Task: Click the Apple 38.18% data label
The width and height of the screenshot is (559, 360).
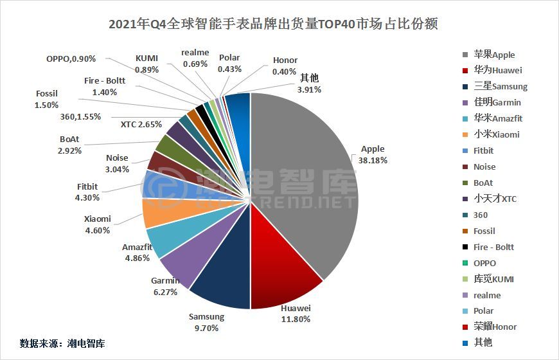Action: click(373, 155)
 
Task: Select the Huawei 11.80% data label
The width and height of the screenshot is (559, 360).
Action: click(296, 313)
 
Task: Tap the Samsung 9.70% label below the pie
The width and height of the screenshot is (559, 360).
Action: click(206, 322)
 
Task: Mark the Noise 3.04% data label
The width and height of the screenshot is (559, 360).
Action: click(117, 164)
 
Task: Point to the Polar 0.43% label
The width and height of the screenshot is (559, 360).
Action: click(229, 63)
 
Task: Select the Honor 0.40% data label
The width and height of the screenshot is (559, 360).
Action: click(285, 66)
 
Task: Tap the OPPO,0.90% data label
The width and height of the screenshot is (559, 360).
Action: click(71, 59)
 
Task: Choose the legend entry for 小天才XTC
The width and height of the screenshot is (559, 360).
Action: click(495, 199)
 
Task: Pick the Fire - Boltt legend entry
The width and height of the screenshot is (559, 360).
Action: click(494, 247)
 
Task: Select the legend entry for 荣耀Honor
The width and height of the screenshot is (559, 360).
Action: click(495, 327)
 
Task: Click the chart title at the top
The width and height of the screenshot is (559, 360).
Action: click(273, 24)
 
